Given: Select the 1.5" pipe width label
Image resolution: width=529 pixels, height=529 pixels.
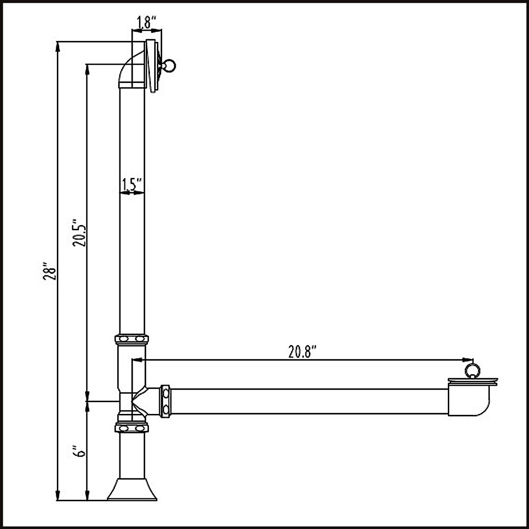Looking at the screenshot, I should pyautogui.click(x=131, y=185).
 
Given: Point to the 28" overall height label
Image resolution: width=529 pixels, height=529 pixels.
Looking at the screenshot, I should pyautogui.click(x=49, y=273).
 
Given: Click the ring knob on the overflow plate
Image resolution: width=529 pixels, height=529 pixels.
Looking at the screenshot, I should pyautogui.click(x=170, y=66).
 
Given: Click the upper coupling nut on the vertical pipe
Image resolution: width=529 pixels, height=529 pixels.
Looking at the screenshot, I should pyautogui.click(x=132, y=339).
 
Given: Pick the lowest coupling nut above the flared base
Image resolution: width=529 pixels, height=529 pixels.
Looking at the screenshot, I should pyautogui.click(x=132, y=428).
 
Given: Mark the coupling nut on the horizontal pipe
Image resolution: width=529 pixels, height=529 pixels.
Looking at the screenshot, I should pyautogui.click(x=166, y=400).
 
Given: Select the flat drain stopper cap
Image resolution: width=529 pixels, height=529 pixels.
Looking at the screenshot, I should pyautogui.click(x=473, y=380).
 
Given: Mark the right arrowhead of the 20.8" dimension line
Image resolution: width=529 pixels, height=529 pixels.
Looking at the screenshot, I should pyautogui.click(x=469, y=359).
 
